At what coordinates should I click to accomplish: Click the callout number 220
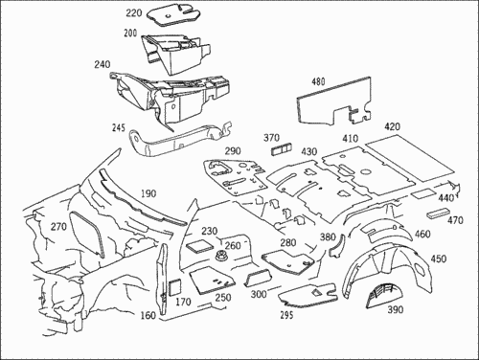coord(133,13)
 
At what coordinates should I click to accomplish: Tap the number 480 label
coord(318,81)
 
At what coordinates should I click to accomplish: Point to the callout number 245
coord(119,128)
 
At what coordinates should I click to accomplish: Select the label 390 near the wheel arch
coord(396,309)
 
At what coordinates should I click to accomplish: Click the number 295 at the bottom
coord(286,315)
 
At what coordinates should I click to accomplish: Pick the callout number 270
coord(58,227)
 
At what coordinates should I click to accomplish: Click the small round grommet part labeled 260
coord(220,256)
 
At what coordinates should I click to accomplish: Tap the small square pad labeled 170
coord(174,287)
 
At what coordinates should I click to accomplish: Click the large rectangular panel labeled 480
coord(332,101)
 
